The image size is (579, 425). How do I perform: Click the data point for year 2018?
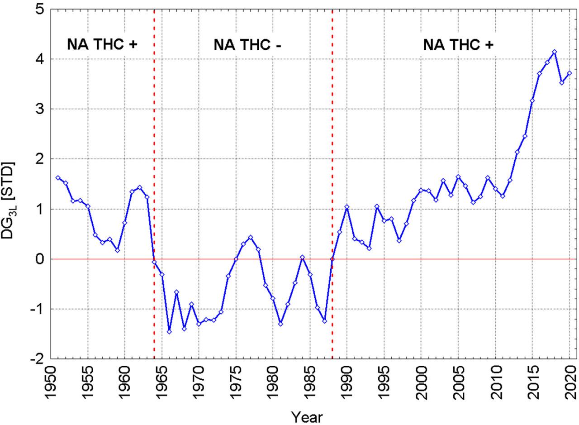click(x=554, y=52)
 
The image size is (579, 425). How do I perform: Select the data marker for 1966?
click(x=169, y=332)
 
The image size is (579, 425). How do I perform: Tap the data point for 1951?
click(x=58, y=178)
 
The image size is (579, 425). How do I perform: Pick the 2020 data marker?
click(x=569, y=73)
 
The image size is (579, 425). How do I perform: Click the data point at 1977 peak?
click(x=251, y=237)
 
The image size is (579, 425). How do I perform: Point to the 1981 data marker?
click(x=280, y=324)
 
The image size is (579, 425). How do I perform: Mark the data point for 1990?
click(x=347, y=207)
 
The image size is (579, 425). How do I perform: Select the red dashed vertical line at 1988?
click(x=332, y=136)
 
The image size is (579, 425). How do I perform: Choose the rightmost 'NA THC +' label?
click(x=458, y=45)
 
